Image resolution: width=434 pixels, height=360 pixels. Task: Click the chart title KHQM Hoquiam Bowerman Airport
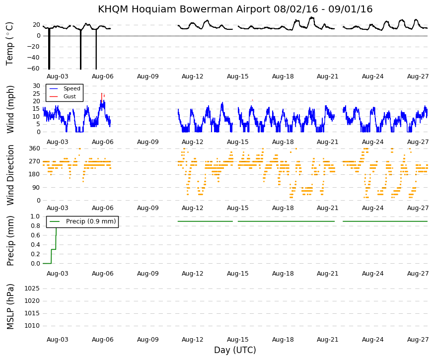tap(184, 9)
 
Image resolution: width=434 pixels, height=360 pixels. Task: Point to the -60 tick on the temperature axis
tap(33, 69)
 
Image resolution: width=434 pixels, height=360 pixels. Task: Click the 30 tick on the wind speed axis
tap(37, 86)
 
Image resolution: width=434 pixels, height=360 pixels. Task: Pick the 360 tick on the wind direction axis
tap(35, 148)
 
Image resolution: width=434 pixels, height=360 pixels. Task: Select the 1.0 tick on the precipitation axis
tap(35, 216)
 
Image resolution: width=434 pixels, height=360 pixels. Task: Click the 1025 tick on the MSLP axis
tap(32, 288)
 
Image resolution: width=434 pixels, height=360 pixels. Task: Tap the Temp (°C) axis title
tap(9, 44)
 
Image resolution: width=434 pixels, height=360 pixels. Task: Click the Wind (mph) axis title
tap(10, 110)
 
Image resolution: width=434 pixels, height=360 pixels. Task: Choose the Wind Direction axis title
tap(10, 175)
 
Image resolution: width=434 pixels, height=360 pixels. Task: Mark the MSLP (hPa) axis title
tap(10, 306)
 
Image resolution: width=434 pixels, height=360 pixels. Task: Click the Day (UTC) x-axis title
tap(235, 350)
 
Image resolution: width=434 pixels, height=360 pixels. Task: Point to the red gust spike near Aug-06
tap(102, 98)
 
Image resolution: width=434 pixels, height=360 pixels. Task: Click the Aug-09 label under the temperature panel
tap(148, 76)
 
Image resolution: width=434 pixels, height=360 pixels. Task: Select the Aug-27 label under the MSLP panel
tap(418, 340)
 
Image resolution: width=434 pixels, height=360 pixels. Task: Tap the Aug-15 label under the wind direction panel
tap(238, 208)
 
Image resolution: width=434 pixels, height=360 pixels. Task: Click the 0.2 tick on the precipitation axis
tap(35, 254)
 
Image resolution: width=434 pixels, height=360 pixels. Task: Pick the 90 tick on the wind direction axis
tap(37, 188)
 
